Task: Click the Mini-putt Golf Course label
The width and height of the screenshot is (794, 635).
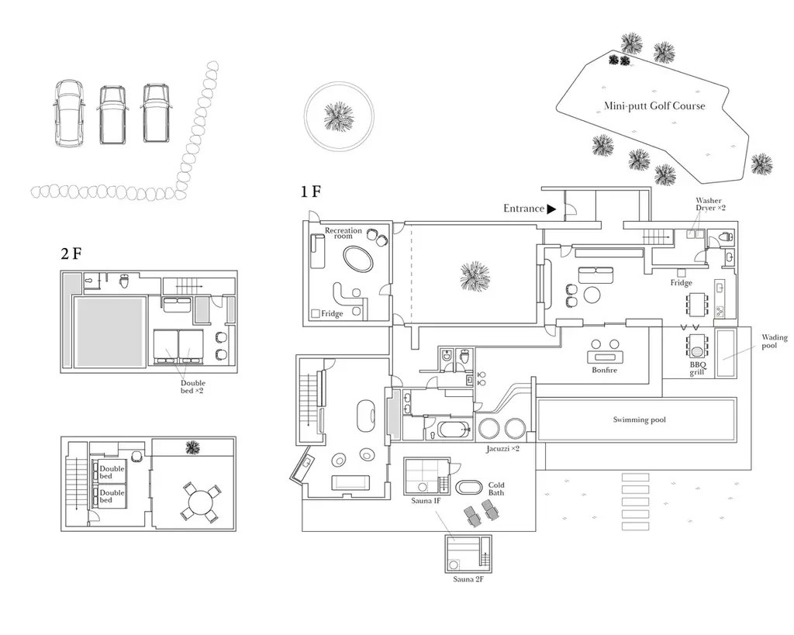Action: pyautogui.click(x=654, y=105)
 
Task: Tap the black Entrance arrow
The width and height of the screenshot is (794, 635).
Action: pyautogui.click(x=551, y=209)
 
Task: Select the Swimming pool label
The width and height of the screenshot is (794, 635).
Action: pyautogui.click(x=639, y=419)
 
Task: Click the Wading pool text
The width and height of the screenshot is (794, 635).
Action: pyautogui.click(x=775, y=341)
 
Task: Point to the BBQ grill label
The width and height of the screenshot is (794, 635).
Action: pyautogui.click(x=697, y=368)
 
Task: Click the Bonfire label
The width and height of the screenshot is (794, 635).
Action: pyautogui.click(x=605, y=370)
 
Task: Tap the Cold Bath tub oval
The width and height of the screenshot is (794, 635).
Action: pyautogui.click(x=469, y=487)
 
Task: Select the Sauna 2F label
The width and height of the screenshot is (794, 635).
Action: pyautogui.click(x=468, y=579)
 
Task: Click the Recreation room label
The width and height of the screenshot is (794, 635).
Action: pyautogui.click(x=343, y=233)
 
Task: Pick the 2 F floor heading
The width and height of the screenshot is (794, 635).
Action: pyautogui.click(x=71, y=254)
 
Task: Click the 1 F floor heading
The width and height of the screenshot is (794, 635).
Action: pyautogui.click(x=311, y=192)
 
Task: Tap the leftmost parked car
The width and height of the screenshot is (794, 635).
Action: pyautogui.click(x=69, y=113)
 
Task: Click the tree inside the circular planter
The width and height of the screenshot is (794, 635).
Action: pyautogui.click(x=339, y=116)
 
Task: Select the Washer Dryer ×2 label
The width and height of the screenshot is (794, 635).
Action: pyautogui.click(x=710, y=204)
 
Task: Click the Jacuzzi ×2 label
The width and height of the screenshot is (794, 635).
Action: pyautogui.click(x=502, y=449)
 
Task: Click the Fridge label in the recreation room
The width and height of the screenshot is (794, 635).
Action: pyautogui.click(x=332, y=314)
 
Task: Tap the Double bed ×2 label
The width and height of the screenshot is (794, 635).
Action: pyautogui.click(x=192, y=387)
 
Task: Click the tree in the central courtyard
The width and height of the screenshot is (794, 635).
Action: pyautogui.click(x=475, y=276)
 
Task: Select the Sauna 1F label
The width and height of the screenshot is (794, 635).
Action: pyautogui.click(x=426, y=501)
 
